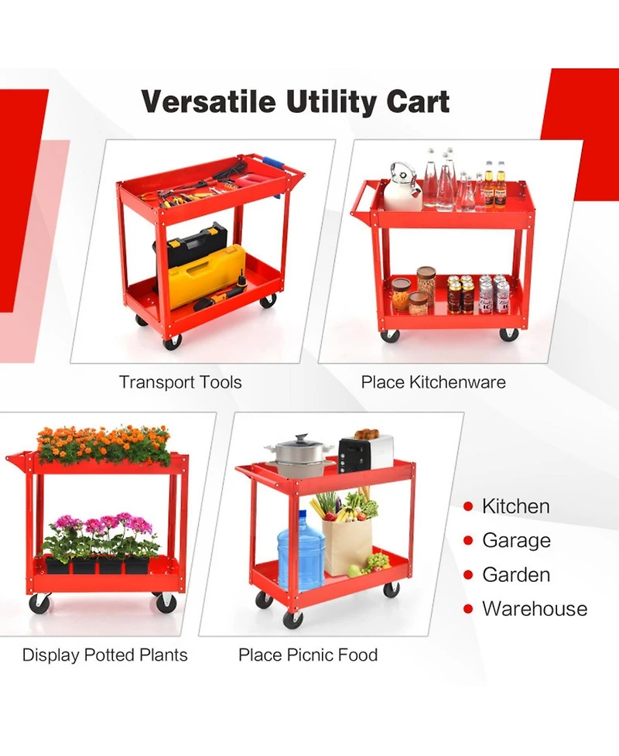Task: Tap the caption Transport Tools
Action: (x=180, y=382)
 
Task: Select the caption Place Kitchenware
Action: (x=433, y=382)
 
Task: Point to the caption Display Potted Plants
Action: (x=104, y=655)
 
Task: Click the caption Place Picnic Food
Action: (x=308, y=655)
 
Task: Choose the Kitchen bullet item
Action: (x=515, y=507)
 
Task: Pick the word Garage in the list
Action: (x=516, y=541)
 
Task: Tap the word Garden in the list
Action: (x=516, y=575)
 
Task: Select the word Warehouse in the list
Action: (x=535, y=609)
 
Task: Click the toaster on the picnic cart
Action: (x=364, y=454)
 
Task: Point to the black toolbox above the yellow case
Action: (x=198, y=242)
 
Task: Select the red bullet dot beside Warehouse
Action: (x=468, y=610)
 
